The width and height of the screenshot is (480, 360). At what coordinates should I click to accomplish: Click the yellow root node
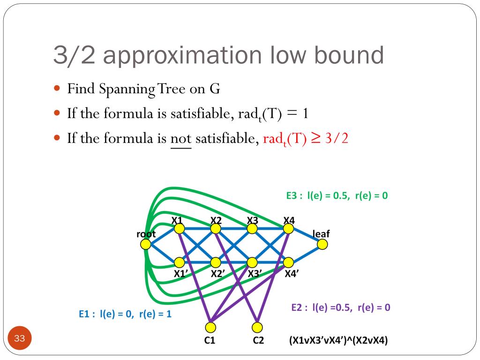coord(146,244)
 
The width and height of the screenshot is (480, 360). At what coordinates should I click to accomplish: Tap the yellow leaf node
coord(322,244)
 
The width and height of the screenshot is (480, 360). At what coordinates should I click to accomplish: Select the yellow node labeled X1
coord(180,229)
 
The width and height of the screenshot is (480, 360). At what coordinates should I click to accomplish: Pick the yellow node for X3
coord(252,229)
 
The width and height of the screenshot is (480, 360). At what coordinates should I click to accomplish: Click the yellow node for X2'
coord(216,262)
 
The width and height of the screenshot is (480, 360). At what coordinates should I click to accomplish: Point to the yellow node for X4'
coord(288,262)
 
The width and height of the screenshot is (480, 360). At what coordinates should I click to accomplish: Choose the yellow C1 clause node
coord(210,327)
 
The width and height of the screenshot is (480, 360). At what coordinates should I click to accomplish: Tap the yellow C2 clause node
coord(257,327)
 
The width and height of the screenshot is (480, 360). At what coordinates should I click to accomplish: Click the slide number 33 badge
coord(19,338)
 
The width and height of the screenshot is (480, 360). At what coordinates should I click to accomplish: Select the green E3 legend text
coord(337,196)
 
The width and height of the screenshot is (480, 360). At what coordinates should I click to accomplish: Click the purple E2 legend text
coord(341,307)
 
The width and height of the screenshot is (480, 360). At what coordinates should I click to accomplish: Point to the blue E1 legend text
coord(125,314)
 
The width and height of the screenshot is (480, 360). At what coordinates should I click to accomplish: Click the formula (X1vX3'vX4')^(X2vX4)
coord(338,341)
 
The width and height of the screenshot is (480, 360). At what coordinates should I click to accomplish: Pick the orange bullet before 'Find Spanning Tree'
coord(58,88)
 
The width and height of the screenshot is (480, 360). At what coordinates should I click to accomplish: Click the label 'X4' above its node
coord(289,219)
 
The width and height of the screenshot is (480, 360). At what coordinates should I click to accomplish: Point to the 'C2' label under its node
coord(258,341)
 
